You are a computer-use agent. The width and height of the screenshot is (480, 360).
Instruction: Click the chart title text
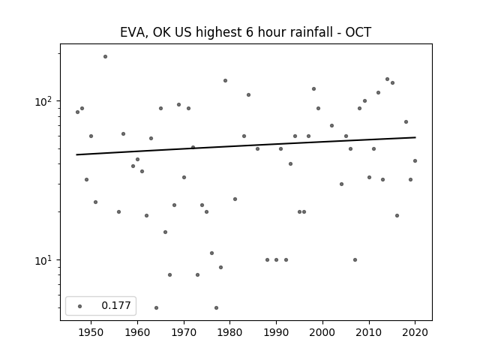(x=245, y=32)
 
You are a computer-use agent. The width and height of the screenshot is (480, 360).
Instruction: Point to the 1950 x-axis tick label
(x=91, y=333)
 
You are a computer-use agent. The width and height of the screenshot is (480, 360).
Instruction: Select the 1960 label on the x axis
(x=137, y=333)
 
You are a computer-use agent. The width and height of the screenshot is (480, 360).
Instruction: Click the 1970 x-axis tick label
(x=184, y=333)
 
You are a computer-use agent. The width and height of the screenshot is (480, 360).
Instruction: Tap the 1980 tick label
(x=230, y=333)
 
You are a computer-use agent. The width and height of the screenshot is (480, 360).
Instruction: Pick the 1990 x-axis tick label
(x=277, y=333)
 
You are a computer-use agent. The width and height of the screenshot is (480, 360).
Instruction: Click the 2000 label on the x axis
(x=322, y=333)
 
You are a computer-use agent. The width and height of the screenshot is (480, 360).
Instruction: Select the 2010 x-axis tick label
(x=369, y=333)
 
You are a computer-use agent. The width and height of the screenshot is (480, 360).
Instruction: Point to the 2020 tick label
(x=415, y=333)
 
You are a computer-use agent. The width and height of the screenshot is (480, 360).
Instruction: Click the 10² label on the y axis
(x=45, y=100)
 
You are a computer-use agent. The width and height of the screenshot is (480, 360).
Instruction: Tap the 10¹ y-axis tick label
(x=45, y=260)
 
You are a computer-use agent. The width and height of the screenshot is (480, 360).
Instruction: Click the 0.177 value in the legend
(x=116, y=305)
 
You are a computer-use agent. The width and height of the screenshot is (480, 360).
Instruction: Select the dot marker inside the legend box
(x=80, y=306)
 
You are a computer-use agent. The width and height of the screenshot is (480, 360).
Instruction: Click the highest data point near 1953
(x=105, y=57)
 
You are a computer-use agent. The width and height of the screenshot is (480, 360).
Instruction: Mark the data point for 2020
(x=415, y=160)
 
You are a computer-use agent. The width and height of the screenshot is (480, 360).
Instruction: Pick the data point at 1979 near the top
(x=225, y=80)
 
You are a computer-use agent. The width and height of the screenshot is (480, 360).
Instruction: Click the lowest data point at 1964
(x=157, y=307)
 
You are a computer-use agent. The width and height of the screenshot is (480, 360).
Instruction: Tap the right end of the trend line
(x=415, y=137)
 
